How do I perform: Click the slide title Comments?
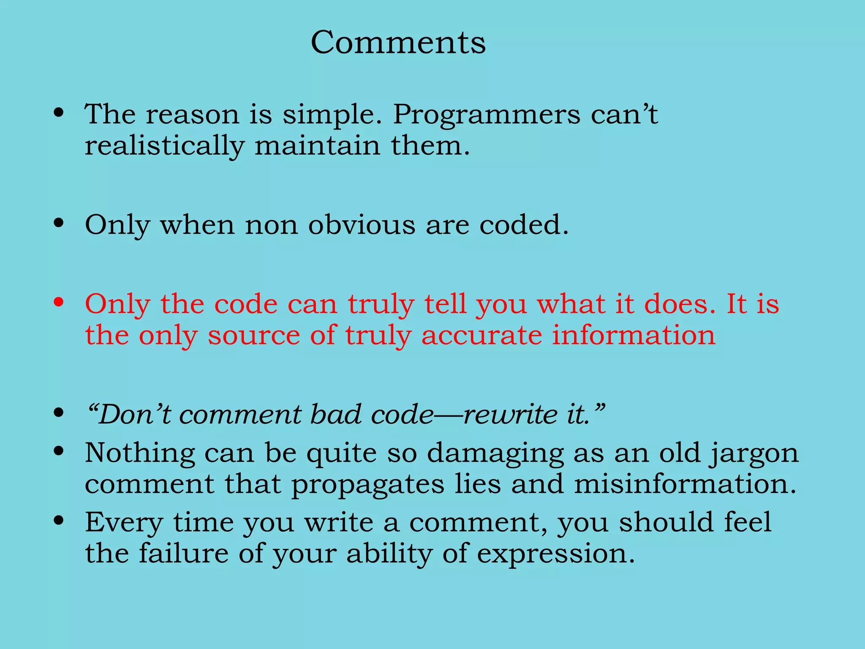coord(398,42)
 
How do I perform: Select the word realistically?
coord(164,146)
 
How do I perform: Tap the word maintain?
coord(317,145)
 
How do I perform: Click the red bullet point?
coord(59,303)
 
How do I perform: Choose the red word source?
coord(253,336)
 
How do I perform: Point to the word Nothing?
coord(140,453)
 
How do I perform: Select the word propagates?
coord(367,485)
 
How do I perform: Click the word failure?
coord(183,554)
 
